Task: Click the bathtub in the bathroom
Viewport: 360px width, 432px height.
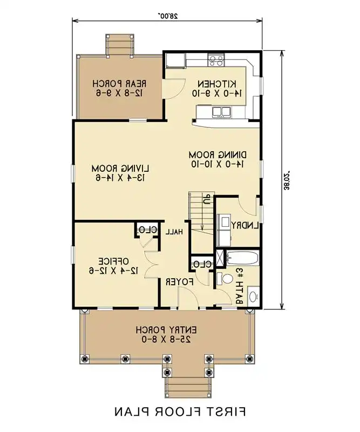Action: [243, 258]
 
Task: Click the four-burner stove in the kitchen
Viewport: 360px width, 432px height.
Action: [216, 60]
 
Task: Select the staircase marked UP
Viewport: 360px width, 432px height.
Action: [200, 213]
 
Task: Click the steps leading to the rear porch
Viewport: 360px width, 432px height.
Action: [119, 44]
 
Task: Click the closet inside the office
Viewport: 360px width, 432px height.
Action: [147, 230]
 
